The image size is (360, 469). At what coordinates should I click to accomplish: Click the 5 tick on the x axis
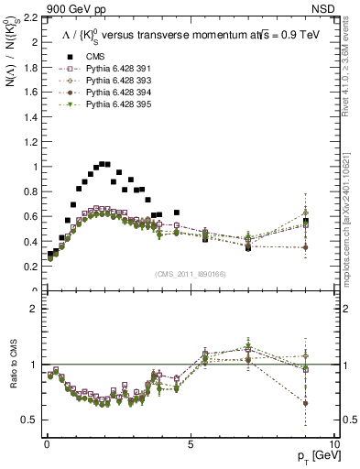tap(190, 444)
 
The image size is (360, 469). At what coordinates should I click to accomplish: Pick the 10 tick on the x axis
tap(333, 444)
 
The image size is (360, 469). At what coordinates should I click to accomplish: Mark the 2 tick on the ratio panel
tap(33, 309)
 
